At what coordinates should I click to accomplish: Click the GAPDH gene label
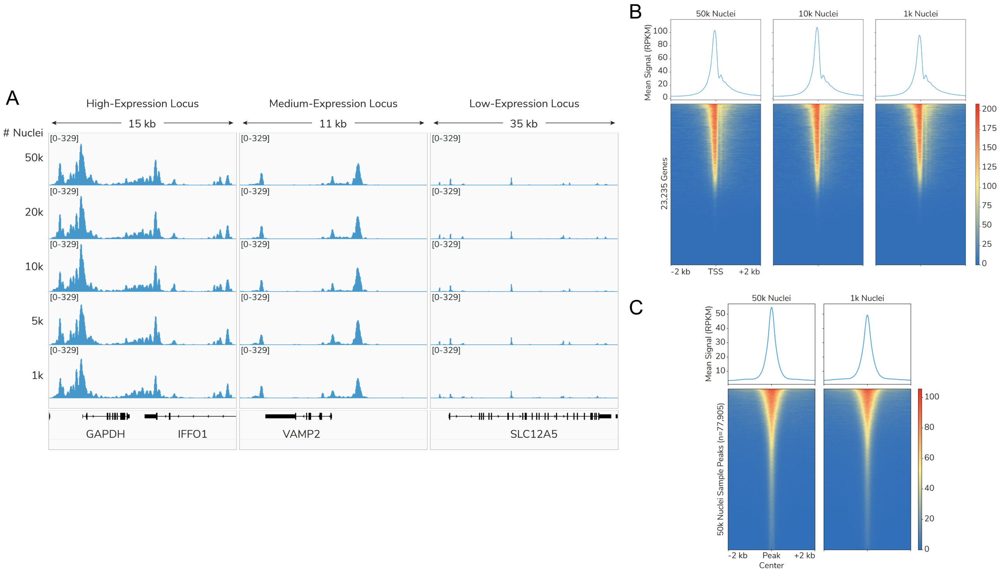pyautogui.click(x=105, y=434)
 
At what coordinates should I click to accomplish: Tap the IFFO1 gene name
pyautogui.click(x=192, y=434)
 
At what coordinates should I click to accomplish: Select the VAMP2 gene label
pyautogui.click(x=301, y=434)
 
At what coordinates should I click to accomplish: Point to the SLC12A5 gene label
pyautogui.click(x=533, y=434)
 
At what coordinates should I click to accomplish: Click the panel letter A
pyautogui.click(x=12, y=98)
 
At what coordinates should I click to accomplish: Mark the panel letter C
pyautogui.click(x=636, y=307)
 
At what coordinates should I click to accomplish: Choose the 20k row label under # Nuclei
pyautogui.click(x=34, y=212)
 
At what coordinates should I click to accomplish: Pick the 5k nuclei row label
pyautogui.click(x=37, y=321)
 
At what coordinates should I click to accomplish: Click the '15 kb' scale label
pyautogui.click(x=142, y=124)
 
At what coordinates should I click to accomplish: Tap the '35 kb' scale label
pyautogui.click(x=524, y=124)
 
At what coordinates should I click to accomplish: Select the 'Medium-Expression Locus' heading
pyautogui.click(x=333, y=103)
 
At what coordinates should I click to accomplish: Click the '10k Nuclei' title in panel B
pyautogui.click(x=818, y=14)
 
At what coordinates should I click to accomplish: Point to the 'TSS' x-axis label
pyautogui.click(x=715, y=271)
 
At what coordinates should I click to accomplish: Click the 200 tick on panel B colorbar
pyautogui.click(x=989, y=109)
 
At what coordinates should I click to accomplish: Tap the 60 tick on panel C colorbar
pyautogui.click(x=929, y=457)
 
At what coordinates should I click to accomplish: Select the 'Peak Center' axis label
pyautogui.click(x=771, y=560)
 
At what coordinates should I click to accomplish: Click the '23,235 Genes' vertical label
pyautogui.click(x=664, y=184)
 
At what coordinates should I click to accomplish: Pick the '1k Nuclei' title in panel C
pyautogui.click(x=867, y=298)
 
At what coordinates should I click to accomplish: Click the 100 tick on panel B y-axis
pyautogui.click(x=660, y=31)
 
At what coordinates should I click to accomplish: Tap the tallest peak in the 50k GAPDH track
pyautogui.click(x=81, y=145)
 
